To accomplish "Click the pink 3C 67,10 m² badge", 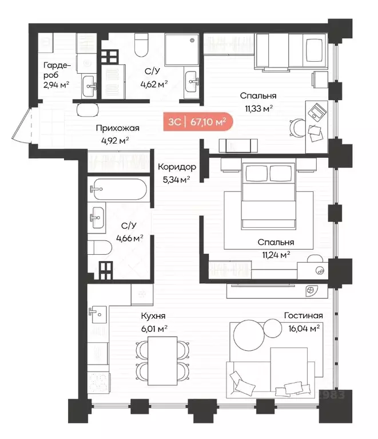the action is coord(198,122).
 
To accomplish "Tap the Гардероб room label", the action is coord(57,70).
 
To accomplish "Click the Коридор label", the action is coord(177,167).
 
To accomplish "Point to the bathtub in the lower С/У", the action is coord(120,189).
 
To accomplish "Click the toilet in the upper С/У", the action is coord(141,45).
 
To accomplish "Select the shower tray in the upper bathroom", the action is coord(182,50).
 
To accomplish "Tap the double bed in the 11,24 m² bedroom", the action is coord(268,196).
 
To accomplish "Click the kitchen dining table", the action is coord(162,361).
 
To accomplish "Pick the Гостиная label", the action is coord(303,315).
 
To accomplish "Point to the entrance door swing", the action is coord(22,125).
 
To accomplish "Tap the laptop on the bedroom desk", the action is coord(317,112).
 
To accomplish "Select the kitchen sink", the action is coord(98,314).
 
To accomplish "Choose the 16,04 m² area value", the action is coord(304,328).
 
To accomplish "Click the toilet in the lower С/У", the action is coord(100,247).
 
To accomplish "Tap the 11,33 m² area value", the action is coord(259,108).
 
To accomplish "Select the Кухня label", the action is coord(153,316).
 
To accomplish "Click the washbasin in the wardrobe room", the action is coord(90,86).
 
